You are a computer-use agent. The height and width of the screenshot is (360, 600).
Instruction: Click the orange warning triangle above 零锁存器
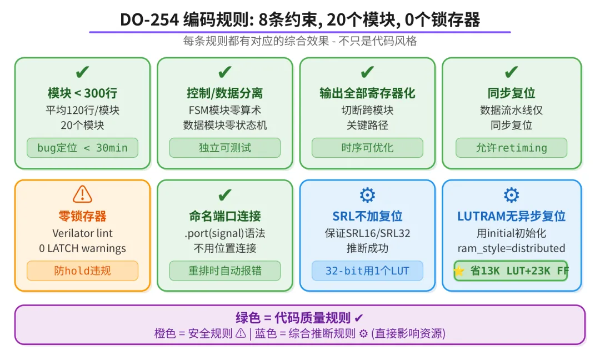coord(82,194)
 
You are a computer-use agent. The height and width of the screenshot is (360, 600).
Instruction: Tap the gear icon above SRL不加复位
coord(367,194)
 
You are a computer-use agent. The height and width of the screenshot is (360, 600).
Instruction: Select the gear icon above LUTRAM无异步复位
coord(511,194)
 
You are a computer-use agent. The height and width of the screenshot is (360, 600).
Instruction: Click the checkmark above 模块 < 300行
coord(82,72)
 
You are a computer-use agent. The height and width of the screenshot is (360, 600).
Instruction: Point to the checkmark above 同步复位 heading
coord(511,72)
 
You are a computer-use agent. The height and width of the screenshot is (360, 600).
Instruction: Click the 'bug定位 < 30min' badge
coord(82,148)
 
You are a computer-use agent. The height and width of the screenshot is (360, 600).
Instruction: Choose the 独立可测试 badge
coord(225,148)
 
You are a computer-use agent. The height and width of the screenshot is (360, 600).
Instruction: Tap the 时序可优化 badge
coord(367,148)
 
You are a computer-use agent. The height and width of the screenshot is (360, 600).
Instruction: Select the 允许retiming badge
coord(511,148)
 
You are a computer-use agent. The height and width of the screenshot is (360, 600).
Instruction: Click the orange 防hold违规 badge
coord(82,271)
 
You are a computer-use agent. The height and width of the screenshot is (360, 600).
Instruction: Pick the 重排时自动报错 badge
coord(225,271)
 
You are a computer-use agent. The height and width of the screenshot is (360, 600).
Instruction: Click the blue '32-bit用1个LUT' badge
coord(367,271)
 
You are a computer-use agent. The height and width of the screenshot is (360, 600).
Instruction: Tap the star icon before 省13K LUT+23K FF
coord(459,271)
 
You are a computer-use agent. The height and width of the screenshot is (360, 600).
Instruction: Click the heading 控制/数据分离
coord(225,93)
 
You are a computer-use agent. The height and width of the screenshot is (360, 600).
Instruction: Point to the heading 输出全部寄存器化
coord(367,93)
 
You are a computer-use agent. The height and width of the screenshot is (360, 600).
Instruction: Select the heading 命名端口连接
coord(225,216)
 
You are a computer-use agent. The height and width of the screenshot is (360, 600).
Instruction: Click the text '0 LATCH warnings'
coord(82,248)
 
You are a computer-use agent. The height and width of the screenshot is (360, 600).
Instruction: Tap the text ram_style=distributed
coord(511,248)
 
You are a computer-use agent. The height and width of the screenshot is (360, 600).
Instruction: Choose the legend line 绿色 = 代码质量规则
coord(299,318)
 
